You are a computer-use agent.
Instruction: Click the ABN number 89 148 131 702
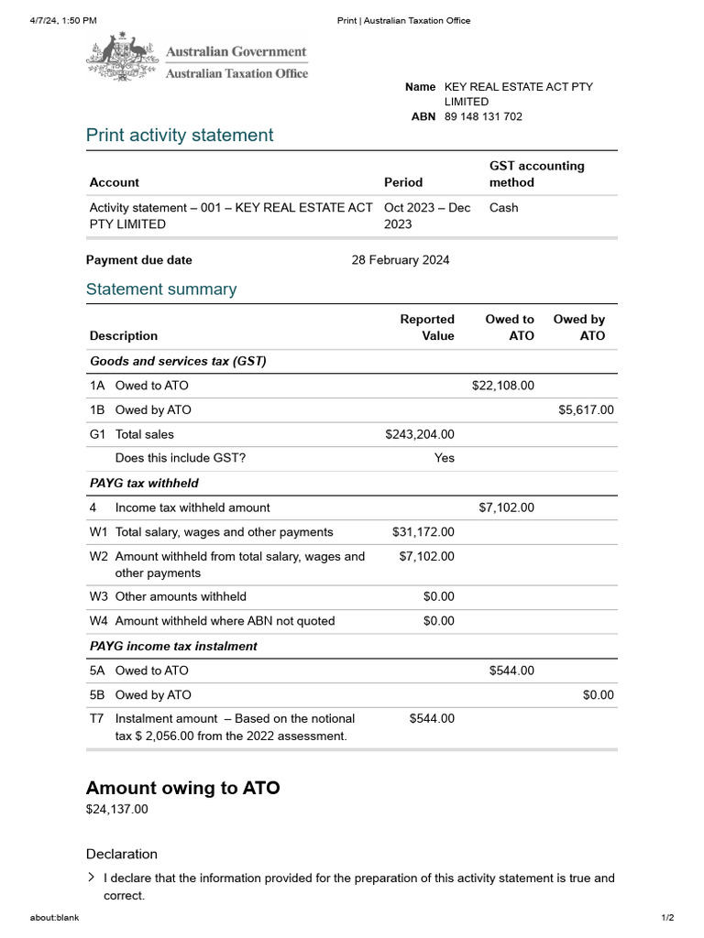pos(483,117)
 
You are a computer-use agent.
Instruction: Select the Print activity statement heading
pos(180,136)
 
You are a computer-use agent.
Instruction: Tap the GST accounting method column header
pos(536,174)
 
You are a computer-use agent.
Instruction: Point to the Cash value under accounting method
pos(503,208)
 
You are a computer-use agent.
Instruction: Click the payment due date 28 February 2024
pos(401,260)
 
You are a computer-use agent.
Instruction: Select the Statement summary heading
pos(161,289)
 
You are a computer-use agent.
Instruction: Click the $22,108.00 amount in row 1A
pos(502,386)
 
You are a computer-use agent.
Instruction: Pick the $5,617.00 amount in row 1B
pos(586,410)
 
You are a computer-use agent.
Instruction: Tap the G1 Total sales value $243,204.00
pos(420,434)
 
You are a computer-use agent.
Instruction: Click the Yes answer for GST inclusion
pos(444,458)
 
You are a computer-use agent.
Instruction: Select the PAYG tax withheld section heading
pos(144,483)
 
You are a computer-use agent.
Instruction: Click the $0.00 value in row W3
pos(438,596)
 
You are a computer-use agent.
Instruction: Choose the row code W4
pos(98,621)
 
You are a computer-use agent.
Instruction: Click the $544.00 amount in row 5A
pos(511,671)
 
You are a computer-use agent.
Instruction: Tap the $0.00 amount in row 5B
pos(598,695)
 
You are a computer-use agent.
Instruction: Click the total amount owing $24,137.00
pos(116,810)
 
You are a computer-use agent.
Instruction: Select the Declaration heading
pos(122,854)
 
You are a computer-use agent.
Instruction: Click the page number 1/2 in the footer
pos(667,918)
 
